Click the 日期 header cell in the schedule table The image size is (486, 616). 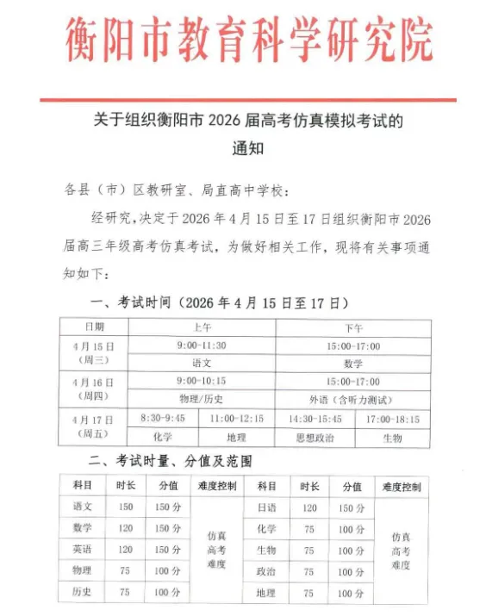94,327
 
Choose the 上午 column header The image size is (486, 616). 201,327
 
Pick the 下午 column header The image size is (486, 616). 353,327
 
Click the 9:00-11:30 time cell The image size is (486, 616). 201,346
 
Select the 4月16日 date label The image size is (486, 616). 94,382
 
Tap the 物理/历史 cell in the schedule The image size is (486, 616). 201,400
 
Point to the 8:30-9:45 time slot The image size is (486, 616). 163,419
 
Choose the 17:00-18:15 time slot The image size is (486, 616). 392,419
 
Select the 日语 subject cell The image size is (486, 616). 266,507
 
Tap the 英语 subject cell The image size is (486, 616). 83,550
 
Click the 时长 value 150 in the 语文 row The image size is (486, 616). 125,507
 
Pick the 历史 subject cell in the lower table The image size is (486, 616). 83,593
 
